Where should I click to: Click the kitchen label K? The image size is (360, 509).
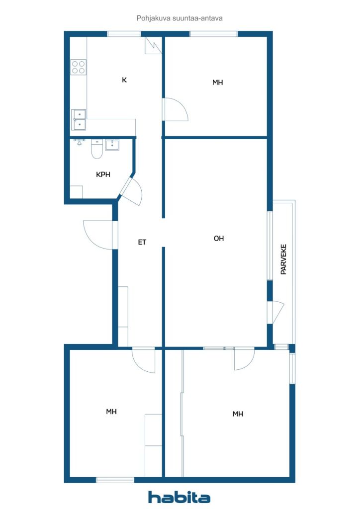(x=124, y=80)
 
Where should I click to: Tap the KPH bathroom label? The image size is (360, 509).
(x=103, y=174)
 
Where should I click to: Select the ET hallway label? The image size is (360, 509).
(x=142, y=242)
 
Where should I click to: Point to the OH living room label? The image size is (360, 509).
(x=219, y=239)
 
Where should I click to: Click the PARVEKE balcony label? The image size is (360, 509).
(x=283, y=259)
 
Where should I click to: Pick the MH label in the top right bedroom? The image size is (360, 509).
(x=217, y=83)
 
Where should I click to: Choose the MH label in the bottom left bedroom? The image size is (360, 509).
(x=111, y=412)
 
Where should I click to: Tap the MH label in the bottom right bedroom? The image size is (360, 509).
(x=238, y=414)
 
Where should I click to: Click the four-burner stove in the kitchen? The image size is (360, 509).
(x=79, y=67)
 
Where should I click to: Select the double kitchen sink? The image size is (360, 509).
(x=79, y=120)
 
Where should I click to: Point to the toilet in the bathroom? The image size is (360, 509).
(x=97, y=149)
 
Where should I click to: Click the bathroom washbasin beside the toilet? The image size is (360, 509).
(x=112, y=145)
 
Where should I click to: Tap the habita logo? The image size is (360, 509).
(x=179, y=497)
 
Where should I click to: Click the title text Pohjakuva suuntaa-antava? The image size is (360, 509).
(x=180, y=18)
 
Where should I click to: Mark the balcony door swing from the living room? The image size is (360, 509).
(x=275, y=312)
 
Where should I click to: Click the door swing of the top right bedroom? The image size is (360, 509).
(x=176, y=109)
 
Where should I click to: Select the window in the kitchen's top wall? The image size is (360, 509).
(x=124, y=34)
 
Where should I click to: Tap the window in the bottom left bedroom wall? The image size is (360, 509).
(x=115, y=480)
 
